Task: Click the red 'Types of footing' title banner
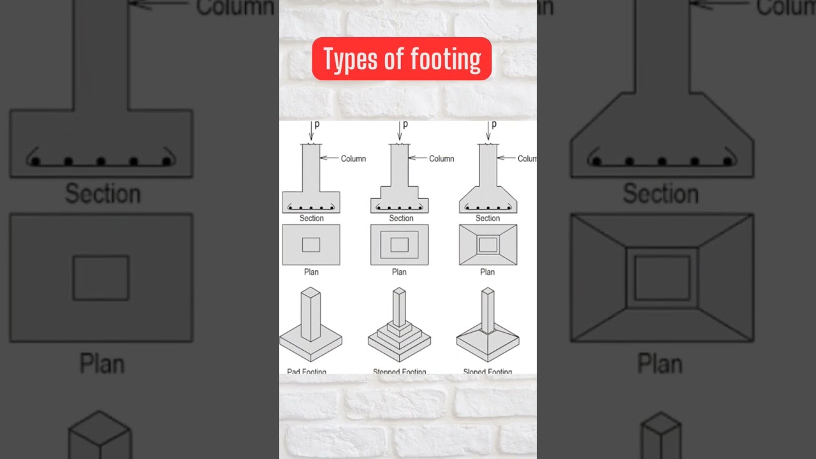pyautogui.click(x=402, y=59)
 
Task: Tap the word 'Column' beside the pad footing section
pyautogui.click(x=353, y=159)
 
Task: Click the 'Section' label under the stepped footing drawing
pyautogui.click(x=401, y=218)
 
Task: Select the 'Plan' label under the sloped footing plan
pyautogui.click(x=487, y=272)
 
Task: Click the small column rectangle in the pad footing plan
pyautogui.click(x=311, y=245)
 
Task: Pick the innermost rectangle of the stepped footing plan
pyautogui.click(x=399, y=245)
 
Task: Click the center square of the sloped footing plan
pyautogui.click(x=488, y=245)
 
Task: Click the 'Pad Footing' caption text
pyautogui.click(x=307, y=371)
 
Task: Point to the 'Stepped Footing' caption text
pyautogui.click(x=400, y=371)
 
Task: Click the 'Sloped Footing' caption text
pyautogui.click(x=488, y=371)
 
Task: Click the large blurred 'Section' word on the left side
pyautogui.click(x=103, y=194)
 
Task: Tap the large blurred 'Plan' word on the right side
pyautogui.click(x=660, y=364)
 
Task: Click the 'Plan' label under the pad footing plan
pyautogui.click(x=311, y=272)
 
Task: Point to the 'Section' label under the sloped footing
pyautogui.click(x=488, y=218)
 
